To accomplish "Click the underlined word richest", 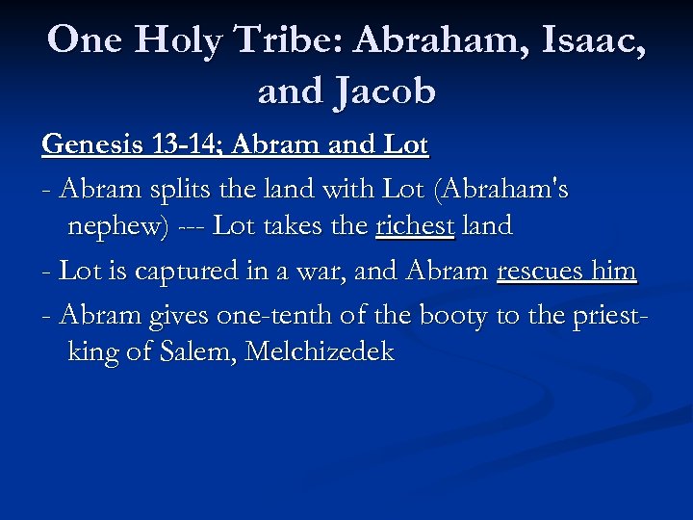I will coord(414,227).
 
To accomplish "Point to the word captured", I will coord(177,271).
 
